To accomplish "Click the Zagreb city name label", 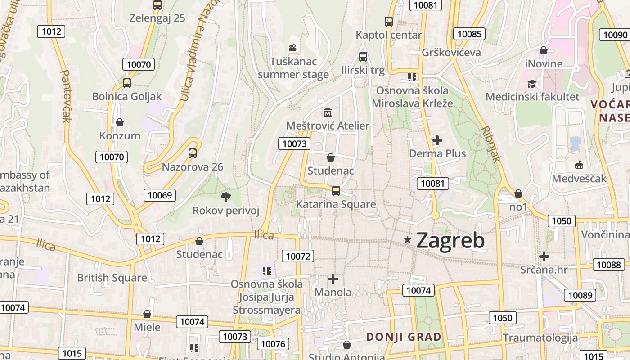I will point(450,240).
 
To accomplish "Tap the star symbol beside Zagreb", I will point(408,240).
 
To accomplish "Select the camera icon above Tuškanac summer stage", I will point(293,48).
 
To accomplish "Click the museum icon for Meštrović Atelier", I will point(328,112).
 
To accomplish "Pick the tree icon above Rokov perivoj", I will point(226,196).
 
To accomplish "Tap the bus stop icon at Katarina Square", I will point(336,190).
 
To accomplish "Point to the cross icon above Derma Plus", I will point(437,140).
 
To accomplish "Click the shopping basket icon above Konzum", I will point(120,122).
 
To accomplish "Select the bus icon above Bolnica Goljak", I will point(127,83).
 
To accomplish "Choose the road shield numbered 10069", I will point(160,195).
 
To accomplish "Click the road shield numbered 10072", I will point(297,256).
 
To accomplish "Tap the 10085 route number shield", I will point(469,34).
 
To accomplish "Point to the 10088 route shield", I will point(609,265).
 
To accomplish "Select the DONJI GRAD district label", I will point(404,337).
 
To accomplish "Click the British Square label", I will point(112,278).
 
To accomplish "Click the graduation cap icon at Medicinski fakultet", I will point(532,84).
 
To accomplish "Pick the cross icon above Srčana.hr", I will point(544,256).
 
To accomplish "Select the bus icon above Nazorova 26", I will point(193,153).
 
